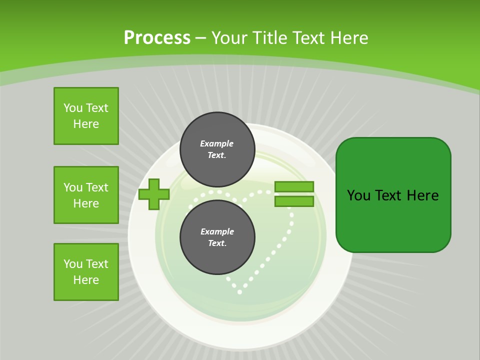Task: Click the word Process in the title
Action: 157,37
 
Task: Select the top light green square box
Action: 86,116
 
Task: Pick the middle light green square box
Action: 86,195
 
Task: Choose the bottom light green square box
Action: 86,272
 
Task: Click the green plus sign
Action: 154,194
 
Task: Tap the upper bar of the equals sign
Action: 294,187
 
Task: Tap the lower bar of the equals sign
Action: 294,201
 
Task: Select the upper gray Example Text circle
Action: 217,149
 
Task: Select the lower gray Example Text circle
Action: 217,237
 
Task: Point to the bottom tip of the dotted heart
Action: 239,291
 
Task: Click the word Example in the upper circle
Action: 217,143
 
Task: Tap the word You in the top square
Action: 73,108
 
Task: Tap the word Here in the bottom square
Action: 86,280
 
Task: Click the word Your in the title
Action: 228,37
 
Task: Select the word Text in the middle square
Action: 96,187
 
